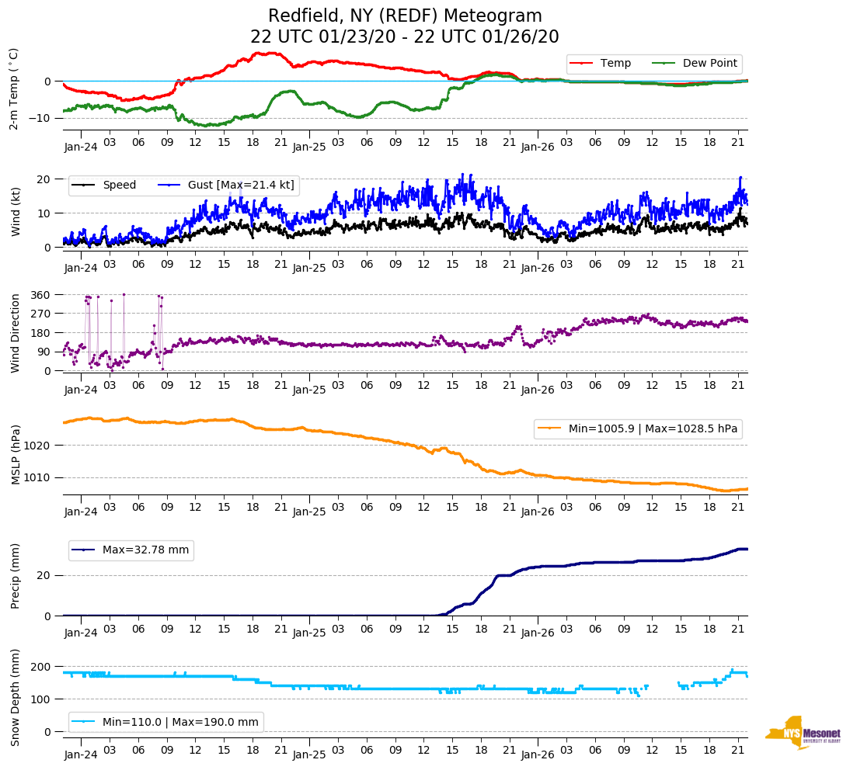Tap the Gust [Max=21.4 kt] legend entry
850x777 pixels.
tap(240, 186)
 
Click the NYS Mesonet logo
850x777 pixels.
tap(803, 733)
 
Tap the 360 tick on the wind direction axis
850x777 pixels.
tap(40, 295)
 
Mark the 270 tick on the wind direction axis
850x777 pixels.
tap(40, 314)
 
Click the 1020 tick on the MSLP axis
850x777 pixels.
tap(37, 446)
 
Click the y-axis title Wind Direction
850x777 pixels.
tap(16, 333)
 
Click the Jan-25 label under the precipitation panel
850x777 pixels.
tap(308, 633)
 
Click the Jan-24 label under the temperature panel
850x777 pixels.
tap(81, 146)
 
